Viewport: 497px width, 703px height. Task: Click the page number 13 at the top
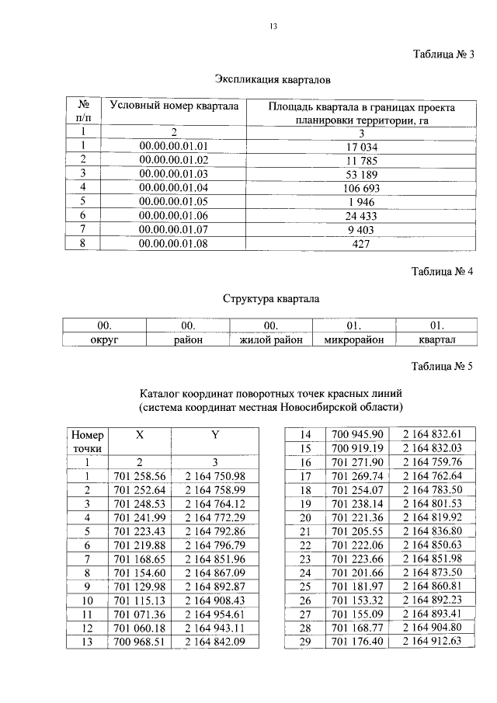(x=273, y=26)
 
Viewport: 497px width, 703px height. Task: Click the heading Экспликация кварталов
(x=273, y=79)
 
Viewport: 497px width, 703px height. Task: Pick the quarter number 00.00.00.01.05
(x=175, y=201)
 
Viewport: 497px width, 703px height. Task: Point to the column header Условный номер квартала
(x=175, y=106)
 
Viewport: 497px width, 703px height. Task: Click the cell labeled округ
(x=104, y=339)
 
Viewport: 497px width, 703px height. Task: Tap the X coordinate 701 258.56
(x=139, y=475)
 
